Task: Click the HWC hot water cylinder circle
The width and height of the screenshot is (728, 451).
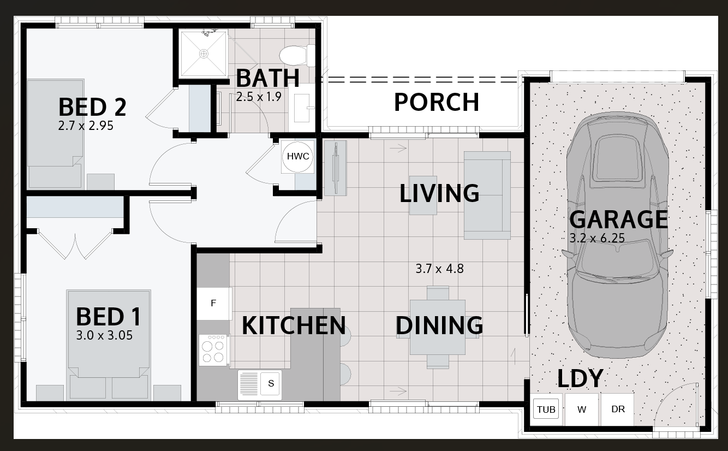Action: tap(297, 157)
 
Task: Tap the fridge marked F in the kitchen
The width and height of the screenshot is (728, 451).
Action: tap(214, 304)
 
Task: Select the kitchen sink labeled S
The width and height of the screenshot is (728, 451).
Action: tap(260, 385)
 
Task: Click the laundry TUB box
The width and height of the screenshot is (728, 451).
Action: tap(546, 409)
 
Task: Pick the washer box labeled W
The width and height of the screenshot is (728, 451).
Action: tap(582, 409)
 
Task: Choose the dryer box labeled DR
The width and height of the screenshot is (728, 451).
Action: tap(618, 409)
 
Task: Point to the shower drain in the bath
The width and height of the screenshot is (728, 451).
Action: tap(204, 54)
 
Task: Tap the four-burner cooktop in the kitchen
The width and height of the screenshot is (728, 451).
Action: tap(213, 350)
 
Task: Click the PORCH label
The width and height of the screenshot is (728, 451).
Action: tap(437, 102)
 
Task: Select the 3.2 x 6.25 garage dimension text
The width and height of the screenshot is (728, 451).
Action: tap(597, 239)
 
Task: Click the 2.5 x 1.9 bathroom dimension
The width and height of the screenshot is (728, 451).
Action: tap(258, 97)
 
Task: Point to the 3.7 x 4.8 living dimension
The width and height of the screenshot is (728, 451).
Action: tap(439, 269)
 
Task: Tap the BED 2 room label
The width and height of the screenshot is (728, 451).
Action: tap(92, 107)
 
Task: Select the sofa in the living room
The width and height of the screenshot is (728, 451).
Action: tap(487, 195)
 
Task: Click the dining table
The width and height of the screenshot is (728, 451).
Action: tap(438, 327)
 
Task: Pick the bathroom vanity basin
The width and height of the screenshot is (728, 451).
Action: tap(302, 108)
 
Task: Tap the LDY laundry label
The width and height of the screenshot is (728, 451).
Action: tap(581, 379)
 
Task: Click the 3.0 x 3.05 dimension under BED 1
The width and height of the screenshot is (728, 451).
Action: tap(104, 335)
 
